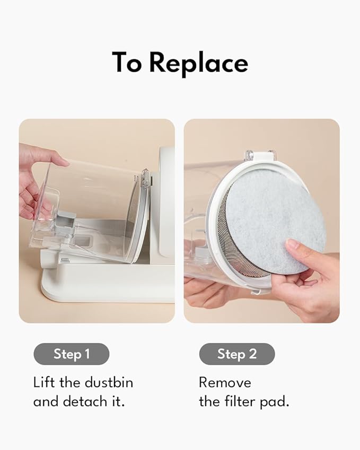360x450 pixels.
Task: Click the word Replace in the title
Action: (x=198, y=64)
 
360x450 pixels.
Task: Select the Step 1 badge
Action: (x=72, y=354)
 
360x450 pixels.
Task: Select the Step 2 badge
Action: (x=237, y=354)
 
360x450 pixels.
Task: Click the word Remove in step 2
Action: (x=225, y=383)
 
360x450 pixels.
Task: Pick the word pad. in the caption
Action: (x=275, y=402)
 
